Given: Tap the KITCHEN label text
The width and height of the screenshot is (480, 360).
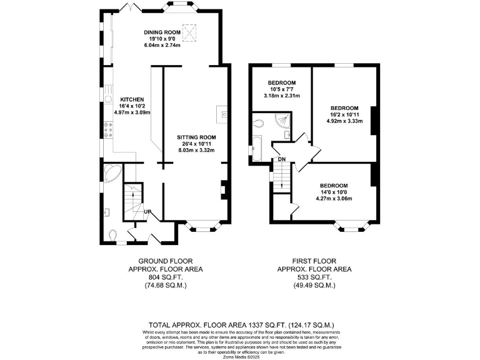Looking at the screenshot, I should click(132, 99).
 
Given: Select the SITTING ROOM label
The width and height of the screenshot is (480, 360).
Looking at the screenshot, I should click(196, 137).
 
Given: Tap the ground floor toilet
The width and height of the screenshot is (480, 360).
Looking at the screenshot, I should click(112, 235).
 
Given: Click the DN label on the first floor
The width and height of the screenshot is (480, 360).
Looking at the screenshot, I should click(282, 159).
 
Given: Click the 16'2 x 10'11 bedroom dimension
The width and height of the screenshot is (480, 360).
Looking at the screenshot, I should click(344, 115).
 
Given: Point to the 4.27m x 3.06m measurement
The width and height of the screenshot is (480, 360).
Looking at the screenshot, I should click(334, 199).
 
